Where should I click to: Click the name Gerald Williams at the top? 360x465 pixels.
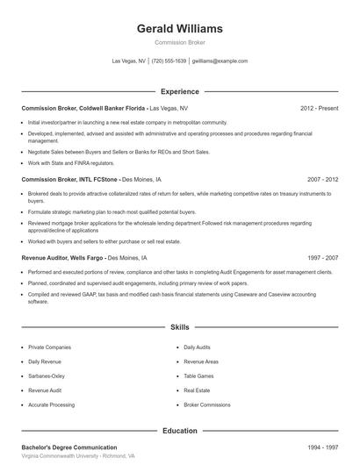[179, 28]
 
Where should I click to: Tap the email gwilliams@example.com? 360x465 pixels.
[220, 61]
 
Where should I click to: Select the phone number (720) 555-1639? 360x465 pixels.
[169, 61]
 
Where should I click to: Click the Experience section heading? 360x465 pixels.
[179, 91]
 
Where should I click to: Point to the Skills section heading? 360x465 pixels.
[179, 325]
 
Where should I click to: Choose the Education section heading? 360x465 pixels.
[179, 431]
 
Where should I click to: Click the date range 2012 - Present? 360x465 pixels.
[319, 108]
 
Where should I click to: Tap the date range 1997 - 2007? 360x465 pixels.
[322, 258]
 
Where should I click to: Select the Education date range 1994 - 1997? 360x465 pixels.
[322, 447]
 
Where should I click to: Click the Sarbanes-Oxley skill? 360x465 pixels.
[47, 376]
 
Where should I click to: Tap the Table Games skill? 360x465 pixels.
[199, 376]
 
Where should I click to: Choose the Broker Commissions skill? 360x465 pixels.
[206, 404]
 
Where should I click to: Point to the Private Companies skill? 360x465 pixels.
[49, 347]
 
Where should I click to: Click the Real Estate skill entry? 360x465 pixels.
[198, 390]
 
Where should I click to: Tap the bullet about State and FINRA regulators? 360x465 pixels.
[71, 162]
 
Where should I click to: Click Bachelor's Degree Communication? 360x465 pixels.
[68, 447]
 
